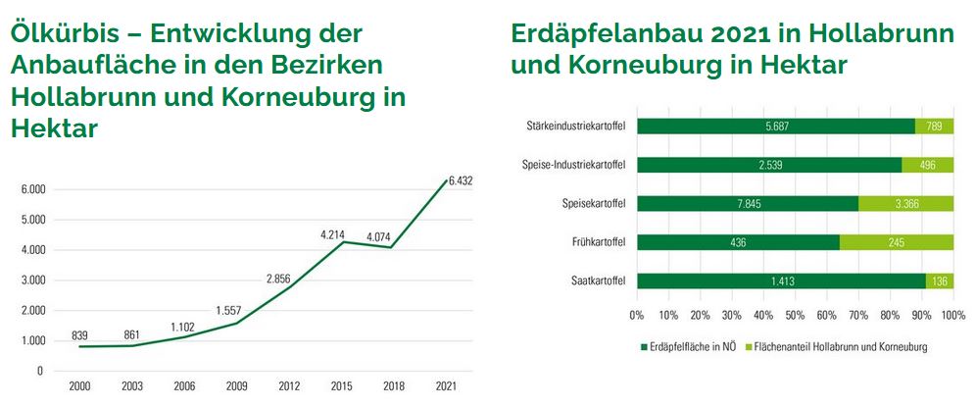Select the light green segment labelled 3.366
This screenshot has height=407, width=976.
905,204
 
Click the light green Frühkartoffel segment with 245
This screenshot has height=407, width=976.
897,242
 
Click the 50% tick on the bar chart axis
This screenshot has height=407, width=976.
795,316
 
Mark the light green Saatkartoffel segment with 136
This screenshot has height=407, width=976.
939,281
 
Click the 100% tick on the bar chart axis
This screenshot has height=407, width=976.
952,316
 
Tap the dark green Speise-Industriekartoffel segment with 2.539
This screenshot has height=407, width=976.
769,165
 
